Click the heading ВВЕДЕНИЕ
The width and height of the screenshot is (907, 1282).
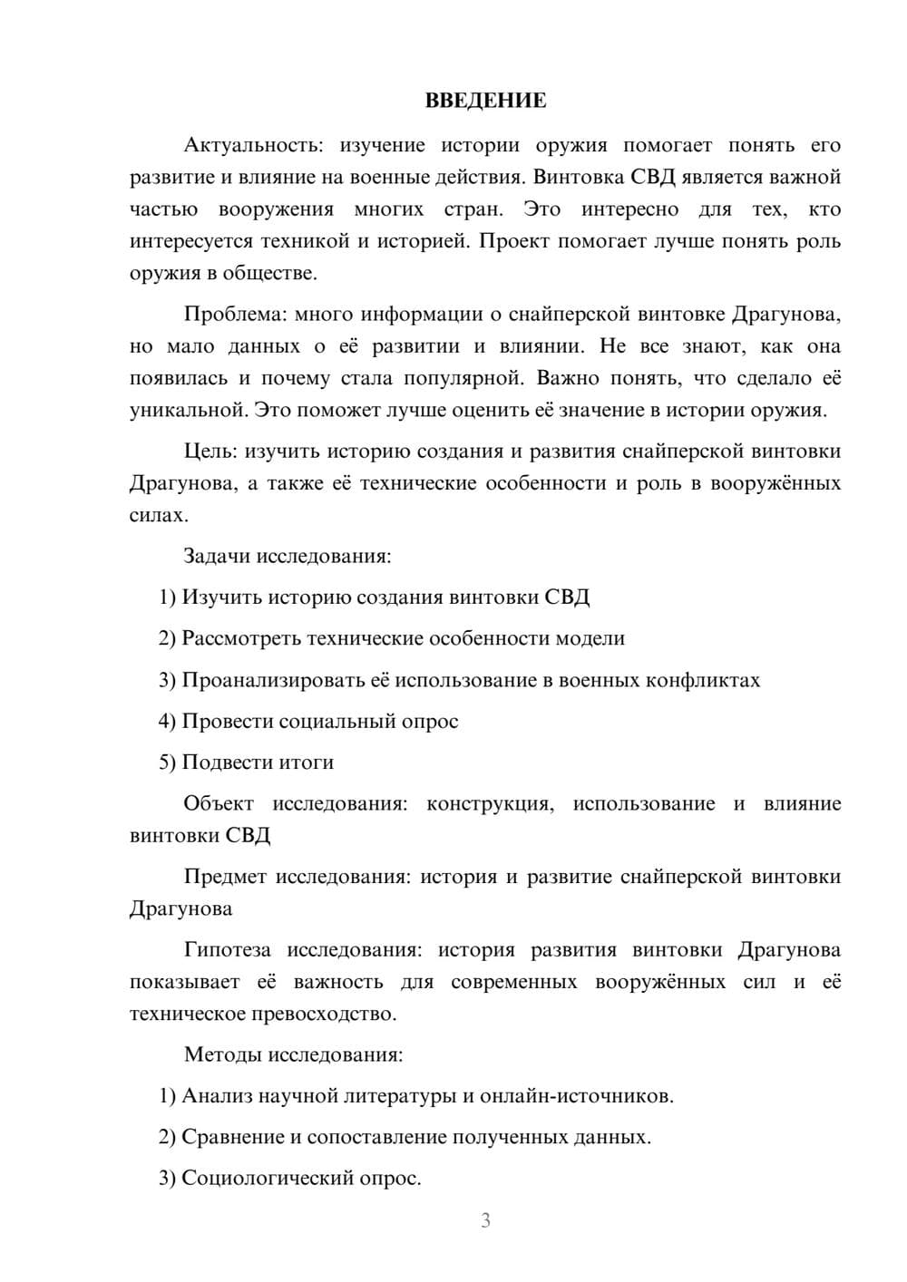click(x=485, y=101)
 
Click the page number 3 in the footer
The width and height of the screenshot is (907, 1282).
click(x=485, y=1220)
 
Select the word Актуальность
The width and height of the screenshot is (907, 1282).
click(x=249, y=145)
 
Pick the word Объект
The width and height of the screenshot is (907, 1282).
click(x=219, y=803)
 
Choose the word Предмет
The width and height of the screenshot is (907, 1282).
click(x=225, y=877)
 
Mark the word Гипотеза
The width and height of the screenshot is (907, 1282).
click(x=227, y=950)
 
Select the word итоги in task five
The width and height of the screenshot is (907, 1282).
click(x=306, y=762)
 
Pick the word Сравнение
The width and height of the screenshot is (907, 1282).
click(x=233, y=1137)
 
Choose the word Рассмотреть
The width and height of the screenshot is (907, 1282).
click(x=241, y=638)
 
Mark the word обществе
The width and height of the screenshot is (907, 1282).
click(x=272, y=273)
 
